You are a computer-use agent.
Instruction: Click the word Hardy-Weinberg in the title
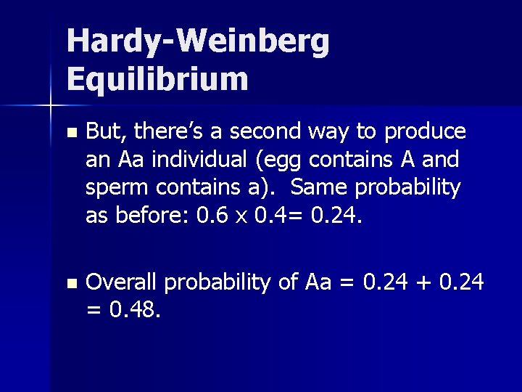pyautogui.click(x=198, y=44)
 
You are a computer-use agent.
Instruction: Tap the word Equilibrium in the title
pyautogui.click(x=157, y=78)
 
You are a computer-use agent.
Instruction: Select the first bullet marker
pyautogui.click(x=70, y=133)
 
